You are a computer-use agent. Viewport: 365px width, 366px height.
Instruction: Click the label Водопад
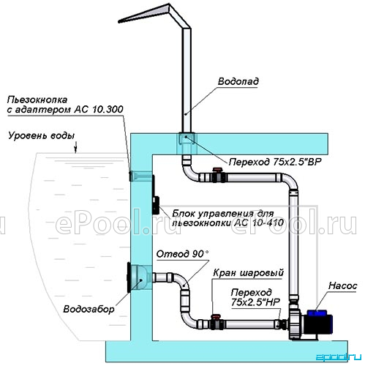238,81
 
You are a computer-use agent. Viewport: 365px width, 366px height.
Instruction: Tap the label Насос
342,285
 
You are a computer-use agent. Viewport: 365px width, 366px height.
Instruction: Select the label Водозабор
89,309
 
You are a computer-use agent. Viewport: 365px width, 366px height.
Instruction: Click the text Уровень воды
42,135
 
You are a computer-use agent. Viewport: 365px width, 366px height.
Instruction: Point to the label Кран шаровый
249,273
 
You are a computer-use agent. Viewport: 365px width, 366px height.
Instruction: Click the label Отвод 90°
182,254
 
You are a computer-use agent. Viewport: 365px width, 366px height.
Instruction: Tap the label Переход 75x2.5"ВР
275,162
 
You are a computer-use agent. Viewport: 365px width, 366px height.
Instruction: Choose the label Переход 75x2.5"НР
255,297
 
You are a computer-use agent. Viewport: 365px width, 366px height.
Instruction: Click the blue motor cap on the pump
317,313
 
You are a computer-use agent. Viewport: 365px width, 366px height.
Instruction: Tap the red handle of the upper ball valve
217,170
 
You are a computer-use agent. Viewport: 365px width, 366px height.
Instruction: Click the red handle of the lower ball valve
216,316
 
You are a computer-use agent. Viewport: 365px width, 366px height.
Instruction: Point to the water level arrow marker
75,147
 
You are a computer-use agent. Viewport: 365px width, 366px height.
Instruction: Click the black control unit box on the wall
156,205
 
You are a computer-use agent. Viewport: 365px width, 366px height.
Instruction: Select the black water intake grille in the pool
129,277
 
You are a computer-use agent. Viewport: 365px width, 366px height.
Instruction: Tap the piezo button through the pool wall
140,176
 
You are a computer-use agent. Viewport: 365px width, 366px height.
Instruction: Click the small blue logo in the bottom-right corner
339,357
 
